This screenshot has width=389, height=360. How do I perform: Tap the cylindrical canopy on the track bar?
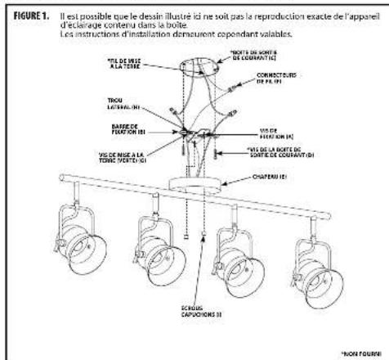tap(194, 181)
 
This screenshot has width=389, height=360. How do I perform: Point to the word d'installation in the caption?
tap(120, 36)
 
